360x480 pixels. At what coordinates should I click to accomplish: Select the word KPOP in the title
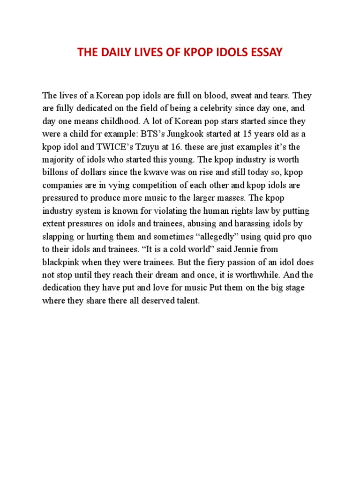click(190, 52)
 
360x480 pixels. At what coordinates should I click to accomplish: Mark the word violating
click(163, 211)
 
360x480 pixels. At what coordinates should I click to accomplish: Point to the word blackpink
click(60, 262)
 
